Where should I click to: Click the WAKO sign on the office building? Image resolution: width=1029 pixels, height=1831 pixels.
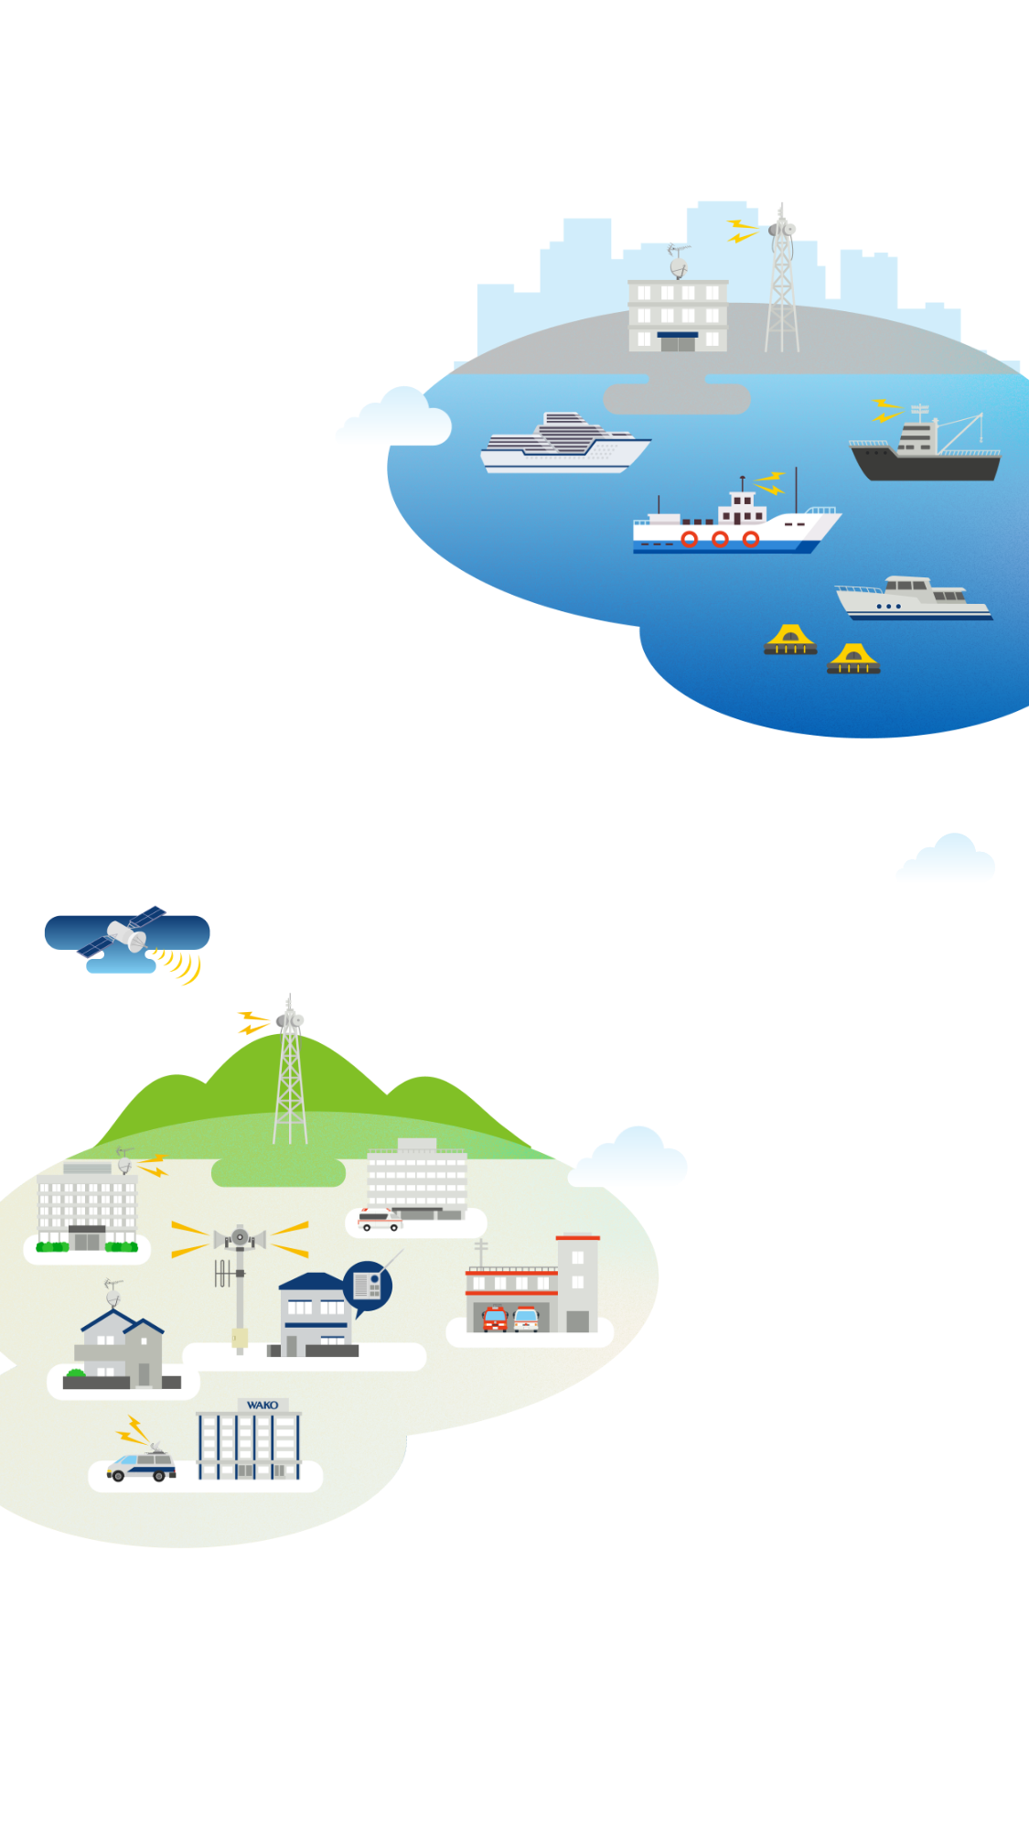(x=263, y=1405)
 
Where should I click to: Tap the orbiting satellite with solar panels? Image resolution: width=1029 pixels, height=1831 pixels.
(x=124, y=934)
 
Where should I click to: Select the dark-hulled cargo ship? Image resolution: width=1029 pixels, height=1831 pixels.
(x=926, y=453)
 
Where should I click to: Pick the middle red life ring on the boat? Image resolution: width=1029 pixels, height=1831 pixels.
(x=720, y=539)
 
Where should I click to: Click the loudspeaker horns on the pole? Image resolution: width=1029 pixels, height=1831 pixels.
(x=240, y=1239)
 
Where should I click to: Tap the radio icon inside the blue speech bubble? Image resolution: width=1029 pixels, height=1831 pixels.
(x=368, y=1285)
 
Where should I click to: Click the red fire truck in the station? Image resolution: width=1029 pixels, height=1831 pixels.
(x=495, y=1319)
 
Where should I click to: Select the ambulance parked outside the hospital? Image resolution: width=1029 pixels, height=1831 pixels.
(x=379, y=1219)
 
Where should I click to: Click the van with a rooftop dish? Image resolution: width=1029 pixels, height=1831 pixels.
(x=142, y=1465)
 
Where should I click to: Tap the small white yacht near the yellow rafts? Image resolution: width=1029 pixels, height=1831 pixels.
(x=911, y=599)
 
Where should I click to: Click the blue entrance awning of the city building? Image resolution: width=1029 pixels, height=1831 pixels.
(x=678, y=335)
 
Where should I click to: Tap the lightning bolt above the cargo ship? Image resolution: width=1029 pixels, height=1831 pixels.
(x=884, y=410)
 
